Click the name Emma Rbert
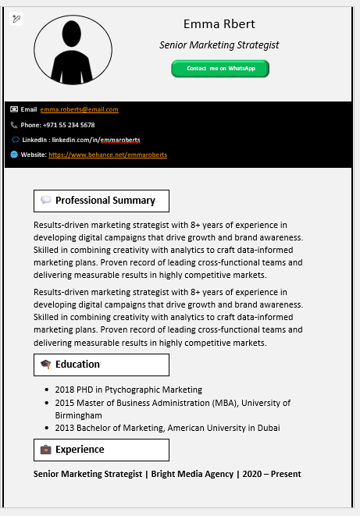pos(219,24)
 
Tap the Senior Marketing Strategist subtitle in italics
pos(219,45)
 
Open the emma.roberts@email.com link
pos(80,109)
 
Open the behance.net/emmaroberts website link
pos(108,155)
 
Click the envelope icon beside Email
pos(14,109)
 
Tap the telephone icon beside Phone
pos(14,125)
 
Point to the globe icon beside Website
pos(14,155)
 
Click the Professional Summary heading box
pos(101,201)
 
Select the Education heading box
pos(101,365)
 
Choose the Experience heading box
pos(101,450)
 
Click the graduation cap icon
pos(45,365)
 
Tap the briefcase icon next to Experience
pos(45,450)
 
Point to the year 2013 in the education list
pos(64,428)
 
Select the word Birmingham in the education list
pos(78,415)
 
